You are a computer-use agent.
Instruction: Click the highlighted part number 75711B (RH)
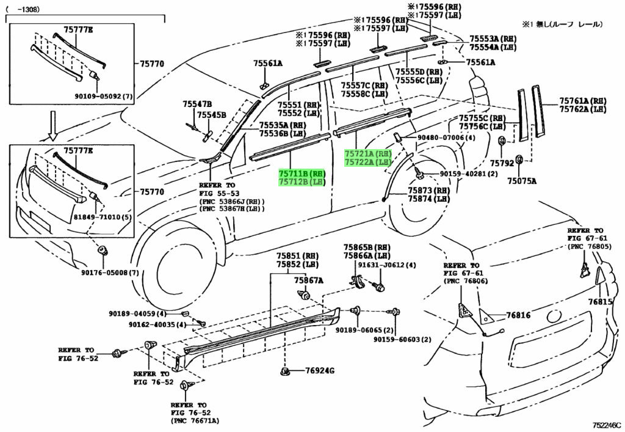[302, 174]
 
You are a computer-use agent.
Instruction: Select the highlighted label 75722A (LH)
[367, 162]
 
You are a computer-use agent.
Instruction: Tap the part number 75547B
[197, 104]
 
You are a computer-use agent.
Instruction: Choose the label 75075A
[524, 181]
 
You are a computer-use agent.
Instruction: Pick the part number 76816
[518, 316]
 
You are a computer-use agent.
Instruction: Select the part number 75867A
[308, 280]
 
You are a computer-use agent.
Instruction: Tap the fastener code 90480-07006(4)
[446, 138]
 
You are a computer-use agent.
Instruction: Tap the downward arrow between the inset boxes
[53, 125]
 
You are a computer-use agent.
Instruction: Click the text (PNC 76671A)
[195, 421]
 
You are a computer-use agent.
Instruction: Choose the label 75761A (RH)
[582, 101]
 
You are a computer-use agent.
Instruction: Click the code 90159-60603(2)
[402, 340]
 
